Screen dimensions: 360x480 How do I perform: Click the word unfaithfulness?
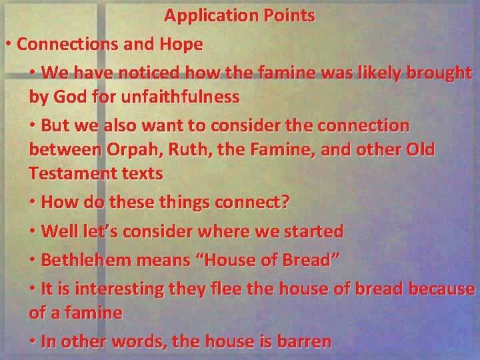(173, 97)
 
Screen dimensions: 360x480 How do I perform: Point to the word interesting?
(112, 289)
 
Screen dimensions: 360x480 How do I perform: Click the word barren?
(303, 341)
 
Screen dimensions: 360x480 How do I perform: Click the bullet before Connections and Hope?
(7, 45)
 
